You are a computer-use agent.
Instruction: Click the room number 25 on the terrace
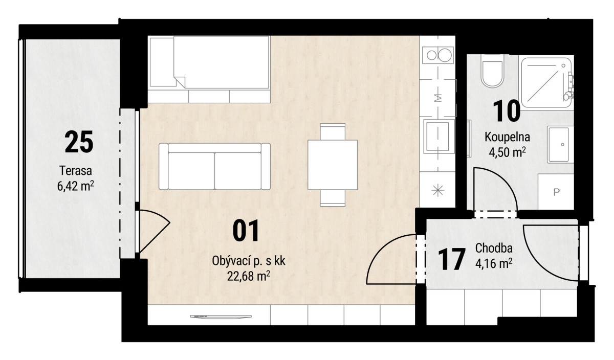pos(79,142)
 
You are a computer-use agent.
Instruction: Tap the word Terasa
pos(76,171)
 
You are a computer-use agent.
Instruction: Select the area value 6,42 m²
pos(76,186)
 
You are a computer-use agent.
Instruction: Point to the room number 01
pos(246,231)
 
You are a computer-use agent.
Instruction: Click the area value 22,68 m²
pos(249,276)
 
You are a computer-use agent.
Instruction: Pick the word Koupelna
pos(507,137)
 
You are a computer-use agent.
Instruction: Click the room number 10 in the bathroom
pos(507,111)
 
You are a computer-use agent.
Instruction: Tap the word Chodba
pos(494,248)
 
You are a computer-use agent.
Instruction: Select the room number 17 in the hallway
pos(452,259)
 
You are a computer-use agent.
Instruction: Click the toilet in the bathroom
pos(493,71)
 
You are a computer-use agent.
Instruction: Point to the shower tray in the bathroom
pos(546,82)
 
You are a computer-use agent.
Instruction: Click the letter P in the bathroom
pos(556,192)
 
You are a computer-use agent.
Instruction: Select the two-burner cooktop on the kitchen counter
pos(438,55)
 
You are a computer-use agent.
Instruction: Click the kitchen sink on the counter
pos(438,137)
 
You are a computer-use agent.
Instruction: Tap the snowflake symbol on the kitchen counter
pos(438,190)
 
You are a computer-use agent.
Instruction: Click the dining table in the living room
pos(333,165)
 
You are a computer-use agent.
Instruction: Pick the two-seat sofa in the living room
pos(214,166)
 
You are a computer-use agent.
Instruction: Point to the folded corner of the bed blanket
pos(179,82)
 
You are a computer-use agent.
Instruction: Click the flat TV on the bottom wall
pos(221,317)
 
